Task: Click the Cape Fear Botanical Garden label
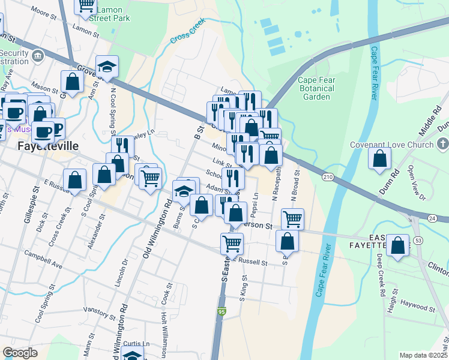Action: (x=316, y=88)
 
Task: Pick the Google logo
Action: (x=20, y=352)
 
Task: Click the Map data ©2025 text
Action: (x=424, y=355)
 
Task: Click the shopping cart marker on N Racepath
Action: (x=292, y=219)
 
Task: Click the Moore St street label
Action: (x=43, y=11)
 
